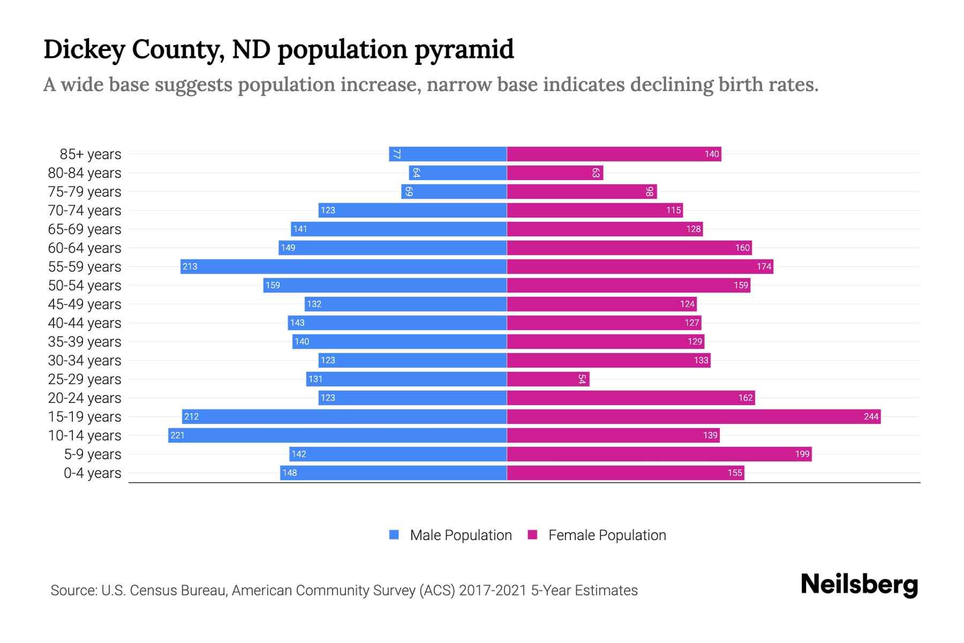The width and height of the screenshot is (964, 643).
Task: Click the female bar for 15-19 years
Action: point(694,416)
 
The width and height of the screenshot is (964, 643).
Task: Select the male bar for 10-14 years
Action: point(337,435)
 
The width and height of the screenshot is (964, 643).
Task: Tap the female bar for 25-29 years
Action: point(548,379)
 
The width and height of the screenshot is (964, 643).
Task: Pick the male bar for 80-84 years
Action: point(458,173)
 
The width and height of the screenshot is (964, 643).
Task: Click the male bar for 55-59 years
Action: point(343,266)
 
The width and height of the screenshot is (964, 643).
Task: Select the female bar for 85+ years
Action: point(614,154)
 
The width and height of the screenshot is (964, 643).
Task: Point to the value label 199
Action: point(802,454)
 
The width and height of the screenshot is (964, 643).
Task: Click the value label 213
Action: point(190,266)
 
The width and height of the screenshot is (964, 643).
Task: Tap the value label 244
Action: point(871,416)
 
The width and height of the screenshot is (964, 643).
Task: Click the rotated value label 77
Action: point(396,154)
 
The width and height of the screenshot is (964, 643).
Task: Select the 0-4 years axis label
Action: point(92,473)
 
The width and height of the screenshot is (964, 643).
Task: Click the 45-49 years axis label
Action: point(85,304)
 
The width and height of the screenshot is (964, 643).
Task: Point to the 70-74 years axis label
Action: point(85,210)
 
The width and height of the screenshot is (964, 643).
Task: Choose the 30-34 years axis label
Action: point(85,360)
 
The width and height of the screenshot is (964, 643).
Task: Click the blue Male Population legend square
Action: point(394,535)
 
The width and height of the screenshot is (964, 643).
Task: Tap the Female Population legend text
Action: point(607,535)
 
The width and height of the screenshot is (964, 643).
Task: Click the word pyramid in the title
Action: point(464,49)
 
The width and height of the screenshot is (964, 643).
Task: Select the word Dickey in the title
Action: point(84,49)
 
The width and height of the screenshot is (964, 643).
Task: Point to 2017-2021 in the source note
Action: point(492,590)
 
